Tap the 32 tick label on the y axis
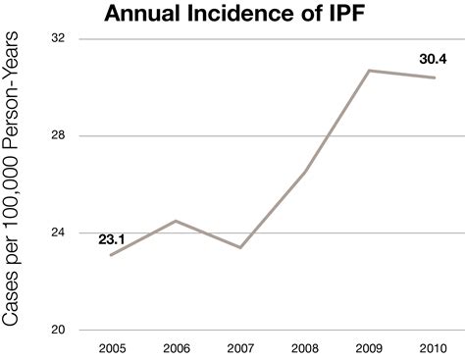(58, 38)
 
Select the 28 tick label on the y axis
(58, 135)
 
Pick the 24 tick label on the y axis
(58, 232)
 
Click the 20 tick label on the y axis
(58, 330)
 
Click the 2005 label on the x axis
(111, 347)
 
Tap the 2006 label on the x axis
(176, 347)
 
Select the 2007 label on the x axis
(240, 347)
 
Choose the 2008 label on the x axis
(306, 347)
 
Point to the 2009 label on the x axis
(371, 347)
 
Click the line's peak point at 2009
(371, 71)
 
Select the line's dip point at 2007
(240, 247)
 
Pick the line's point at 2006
(176, 221)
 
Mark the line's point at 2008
(306, 172)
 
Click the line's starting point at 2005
(111, 255)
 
